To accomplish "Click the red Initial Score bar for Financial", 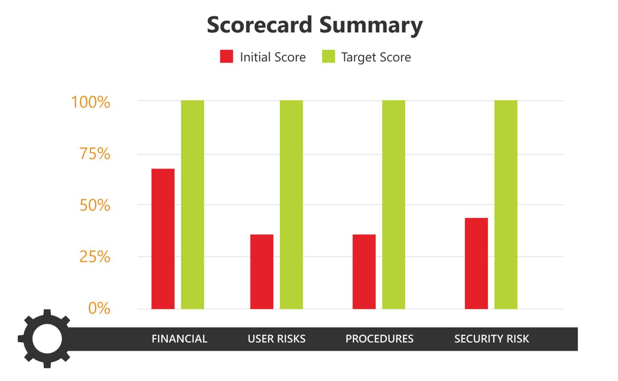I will (x=163, y=239).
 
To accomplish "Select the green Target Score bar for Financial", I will (x=193, y=205).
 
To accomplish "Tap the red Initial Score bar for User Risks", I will (x=262, y=272).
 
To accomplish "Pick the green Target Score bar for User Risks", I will (x=291, y=205).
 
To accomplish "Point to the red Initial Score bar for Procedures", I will (x=364, y=272).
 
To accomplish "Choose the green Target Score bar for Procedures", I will (x=393, y=205).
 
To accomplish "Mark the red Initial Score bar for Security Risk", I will (x=476, y=264).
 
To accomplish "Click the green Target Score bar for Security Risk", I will (x=506, y=205).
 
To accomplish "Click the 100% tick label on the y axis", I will (x=91, y=103).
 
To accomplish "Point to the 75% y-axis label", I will (x=95, y=154).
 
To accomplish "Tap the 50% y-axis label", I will (x=95, y=206).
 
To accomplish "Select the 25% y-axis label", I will (x=95, y=257).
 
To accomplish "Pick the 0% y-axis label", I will (x=99, y=308).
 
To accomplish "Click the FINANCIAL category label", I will (x=179, y=339).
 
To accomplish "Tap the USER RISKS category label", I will (x=276, y=339).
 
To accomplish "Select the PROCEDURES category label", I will (x=379, y=339).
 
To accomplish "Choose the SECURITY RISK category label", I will (x=492, y=339).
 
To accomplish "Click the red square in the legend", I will (x=226, y=57).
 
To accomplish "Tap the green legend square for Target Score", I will (x=328, y=57).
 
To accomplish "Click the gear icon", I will (x=46, y=338).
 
